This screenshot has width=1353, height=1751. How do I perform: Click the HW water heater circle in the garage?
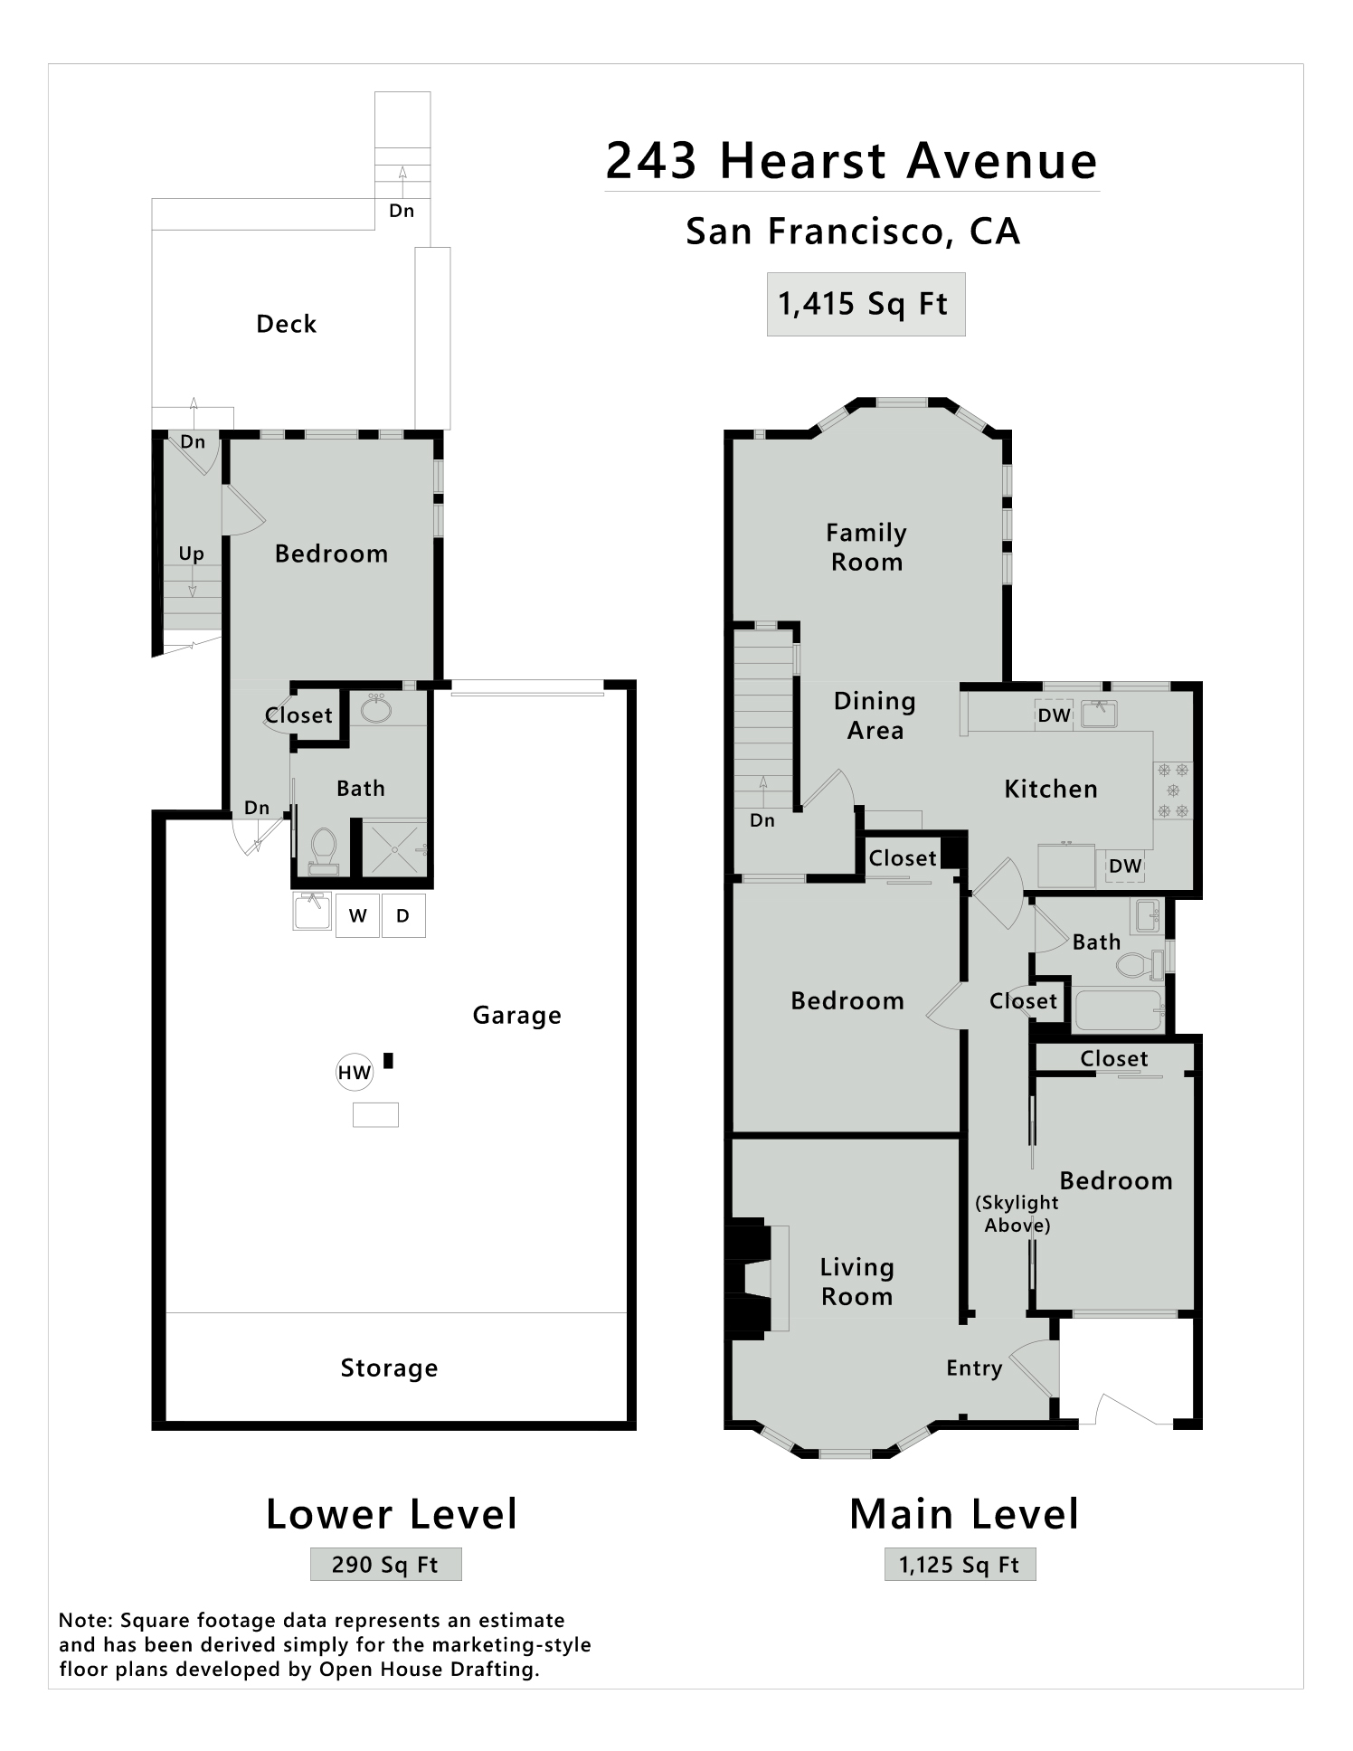(x=355, y=1073)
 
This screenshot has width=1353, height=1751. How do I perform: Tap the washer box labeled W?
(x=357, y=915)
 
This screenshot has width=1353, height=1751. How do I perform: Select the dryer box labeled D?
(x=403, y=915)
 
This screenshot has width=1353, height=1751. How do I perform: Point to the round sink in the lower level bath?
(x=376, y=709)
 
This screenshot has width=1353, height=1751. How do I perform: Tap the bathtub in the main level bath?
(x=1118, y=1010)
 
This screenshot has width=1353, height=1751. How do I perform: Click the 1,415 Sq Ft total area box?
(x=866, y=304)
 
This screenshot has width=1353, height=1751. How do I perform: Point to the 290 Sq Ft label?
(x=385, y=1565)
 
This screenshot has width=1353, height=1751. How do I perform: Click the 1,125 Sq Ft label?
(x=960, y=1565)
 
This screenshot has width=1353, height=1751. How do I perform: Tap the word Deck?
(x=287, y=324)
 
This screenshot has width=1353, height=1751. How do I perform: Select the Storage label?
(x=389, y=1368)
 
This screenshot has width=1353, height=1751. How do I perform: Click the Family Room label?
(x=866, y=547)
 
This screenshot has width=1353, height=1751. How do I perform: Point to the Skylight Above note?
(x=1017, y=1214)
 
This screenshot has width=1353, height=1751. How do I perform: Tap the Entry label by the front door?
(x=974, y=1368)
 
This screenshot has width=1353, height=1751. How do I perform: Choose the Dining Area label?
(x=875, y=715)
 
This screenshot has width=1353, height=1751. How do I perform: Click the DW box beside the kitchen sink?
(x=1054, y=715)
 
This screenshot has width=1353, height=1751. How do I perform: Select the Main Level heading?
(x=964, y=1514)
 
